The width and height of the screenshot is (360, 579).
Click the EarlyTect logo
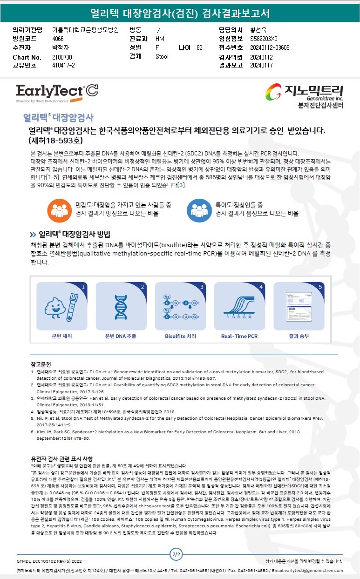57,93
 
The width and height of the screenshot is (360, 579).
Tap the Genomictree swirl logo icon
273,92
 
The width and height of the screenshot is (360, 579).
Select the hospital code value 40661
59,39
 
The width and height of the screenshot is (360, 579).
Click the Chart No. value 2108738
62,57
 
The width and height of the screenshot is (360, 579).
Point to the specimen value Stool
162,56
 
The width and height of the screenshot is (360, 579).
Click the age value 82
199,47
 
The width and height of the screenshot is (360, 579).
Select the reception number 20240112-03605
270,47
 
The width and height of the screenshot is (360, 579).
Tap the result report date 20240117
261,65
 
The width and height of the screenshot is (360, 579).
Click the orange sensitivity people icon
60,210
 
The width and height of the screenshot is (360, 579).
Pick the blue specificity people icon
199,210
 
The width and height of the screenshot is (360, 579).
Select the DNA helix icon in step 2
121,307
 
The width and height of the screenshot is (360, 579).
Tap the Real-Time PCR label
239,337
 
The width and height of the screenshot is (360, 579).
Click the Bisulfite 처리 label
181,337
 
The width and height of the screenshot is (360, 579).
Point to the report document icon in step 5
299,307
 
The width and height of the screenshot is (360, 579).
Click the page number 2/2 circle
176,554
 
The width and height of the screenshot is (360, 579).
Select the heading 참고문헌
41,364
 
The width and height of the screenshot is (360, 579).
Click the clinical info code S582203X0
264,39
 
